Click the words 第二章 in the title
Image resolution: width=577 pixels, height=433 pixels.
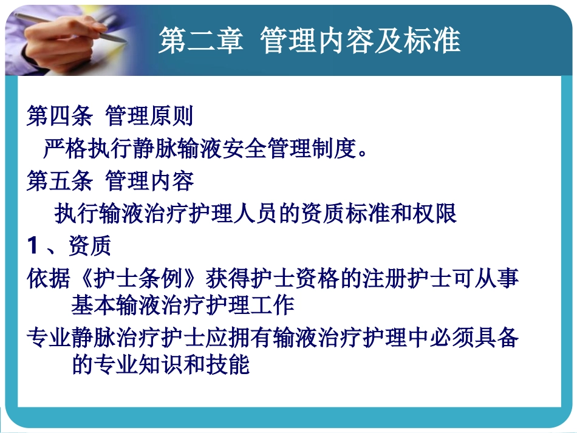(x=200, y=41)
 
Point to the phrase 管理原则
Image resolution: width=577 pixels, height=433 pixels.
(x=150, y=115)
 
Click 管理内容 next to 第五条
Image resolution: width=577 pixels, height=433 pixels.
(x=150, y=181)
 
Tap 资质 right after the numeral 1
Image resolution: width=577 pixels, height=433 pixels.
(x=89, y=247)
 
